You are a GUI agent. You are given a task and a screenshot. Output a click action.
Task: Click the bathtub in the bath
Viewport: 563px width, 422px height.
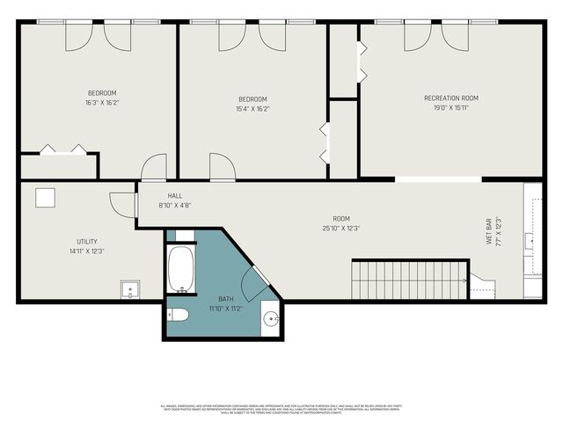[183, 269]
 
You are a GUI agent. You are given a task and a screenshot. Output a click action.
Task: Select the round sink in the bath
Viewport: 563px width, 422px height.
[269, 317]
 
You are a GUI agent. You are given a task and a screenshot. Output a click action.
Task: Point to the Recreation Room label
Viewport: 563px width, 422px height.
[450, 98]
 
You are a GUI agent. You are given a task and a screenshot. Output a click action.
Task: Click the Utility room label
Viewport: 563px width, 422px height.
[86, 242]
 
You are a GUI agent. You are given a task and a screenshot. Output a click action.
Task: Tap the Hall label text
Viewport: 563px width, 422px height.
[174, 196]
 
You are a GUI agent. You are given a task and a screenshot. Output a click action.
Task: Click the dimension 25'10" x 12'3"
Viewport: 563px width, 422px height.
[340, 228]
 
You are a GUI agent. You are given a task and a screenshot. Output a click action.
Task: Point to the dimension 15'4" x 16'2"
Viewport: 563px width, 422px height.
[252, 109]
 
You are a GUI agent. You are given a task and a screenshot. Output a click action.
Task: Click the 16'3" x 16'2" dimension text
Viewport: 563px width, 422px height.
[101, 103]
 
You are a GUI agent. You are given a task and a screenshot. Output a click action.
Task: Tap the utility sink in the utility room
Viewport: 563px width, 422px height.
[130, 288]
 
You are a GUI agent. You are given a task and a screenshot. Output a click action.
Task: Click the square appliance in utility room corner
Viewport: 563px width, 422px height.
[46, 198]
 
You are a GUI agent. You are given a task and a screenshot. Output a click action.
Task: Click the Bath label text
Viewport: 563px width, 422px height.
[226, 299]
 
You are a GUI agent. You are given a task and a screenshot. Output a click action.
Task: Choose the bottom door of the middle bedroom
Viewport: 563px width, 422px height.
[222, 166]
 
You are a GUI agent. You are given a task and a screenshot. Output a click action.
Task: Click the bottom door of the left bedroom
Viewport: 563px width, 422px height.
[154, 167]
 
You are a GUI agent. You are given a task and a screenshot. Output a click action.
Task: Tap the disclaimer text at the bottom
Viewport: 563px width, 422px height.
[281, 409]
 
